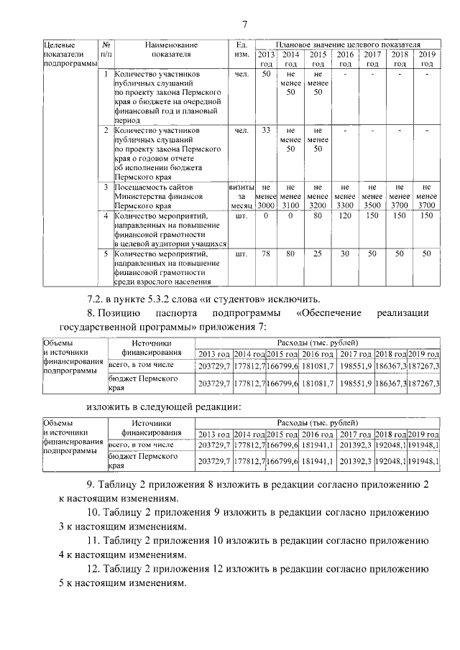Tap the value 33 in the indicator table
[x=266, y=131]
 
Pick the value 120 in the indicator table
[x=345, y=215]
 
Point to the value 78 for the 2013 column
[x=266, y=254]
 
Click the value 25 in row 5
[x=317, y=254]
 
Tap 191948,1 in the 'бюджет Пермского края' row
[x=423, y=460]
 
